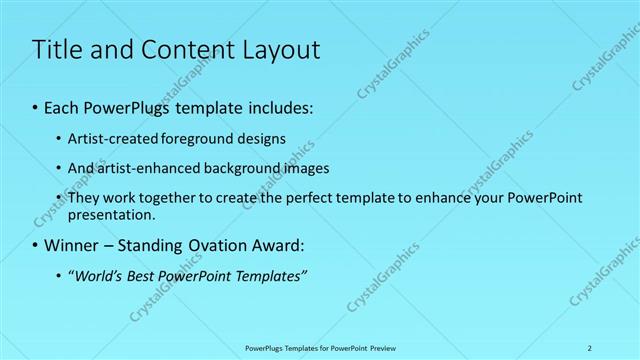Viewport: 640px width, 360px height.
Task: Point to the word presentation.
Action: pyautogui.click(x=111, y=215)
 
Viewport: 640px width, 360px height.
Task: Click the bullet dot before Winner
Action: pyautogui.click(x=36, y=245)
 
